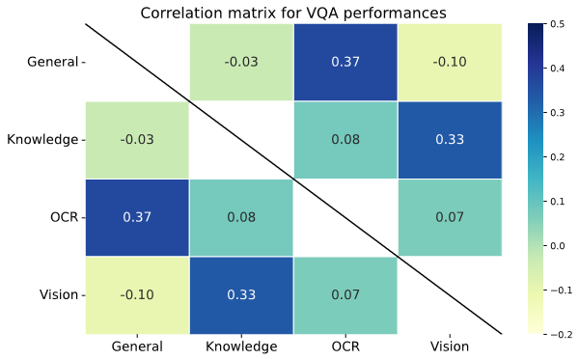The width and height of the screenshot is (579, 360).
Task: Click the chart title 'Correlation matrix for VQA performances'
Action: pos(293,13)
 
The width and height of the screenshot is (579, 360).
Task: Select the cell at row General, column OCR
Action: pos(345,62)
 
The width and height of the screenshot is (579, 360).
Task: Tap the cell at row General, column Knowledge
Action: pos(241,62)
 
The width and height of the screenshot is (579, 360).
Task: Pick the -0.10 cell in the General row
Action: pos(450,62)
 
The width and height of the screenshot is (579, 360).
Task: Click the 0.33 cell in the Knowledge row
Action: pos(450,139)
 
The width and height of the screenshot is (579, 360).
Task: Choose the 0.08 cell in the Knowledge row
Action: pos(345,139)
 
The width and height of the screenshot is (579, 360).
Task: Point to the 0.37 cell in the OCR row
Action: pos(137,217)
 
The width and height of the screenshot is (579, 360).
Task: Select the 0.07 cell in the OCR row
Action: pos(450,217)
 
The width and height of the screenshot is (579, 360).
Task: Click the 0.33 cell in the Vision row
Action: pos(241,294)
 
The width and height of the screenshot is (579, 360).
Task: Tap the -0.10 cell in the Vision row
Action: pos(137,294)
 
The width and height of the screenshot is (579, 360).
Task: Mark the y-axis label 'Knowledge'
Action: pos(41,139)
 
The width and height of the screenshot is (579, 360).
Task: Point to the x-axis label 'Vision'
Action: pos(450,346)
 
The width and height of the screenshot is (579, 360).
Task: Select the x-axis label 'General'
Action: pos(137,346)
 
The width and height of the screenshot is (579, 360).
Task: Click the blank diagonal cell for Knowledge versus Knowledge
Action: pos(241,139)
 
